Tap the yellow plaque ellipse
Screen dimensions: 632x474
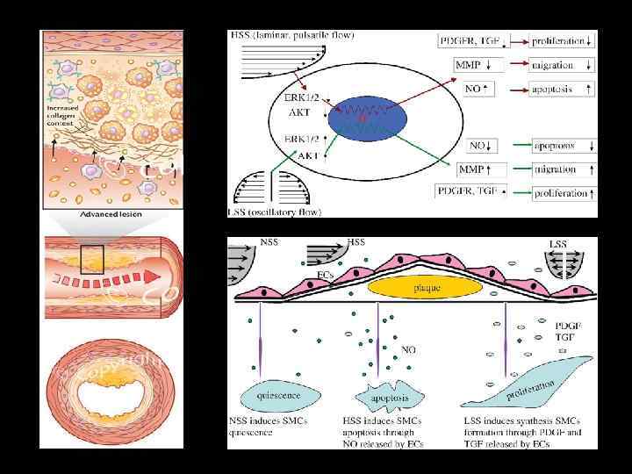pos(425,287)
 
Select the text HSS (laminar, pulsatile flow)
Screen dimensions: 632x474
pos(291,35)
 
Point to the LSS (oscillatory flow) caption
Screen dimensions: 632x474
pos(275,212)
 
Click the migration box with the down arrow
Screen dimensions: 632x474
pos(563,65)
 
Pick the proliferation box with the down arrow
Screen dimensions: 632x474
pos(563,41)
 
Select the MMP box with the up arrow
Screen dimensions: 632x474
pos(481,169)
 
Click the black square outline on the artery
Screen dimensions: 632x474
pos(91,259)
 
